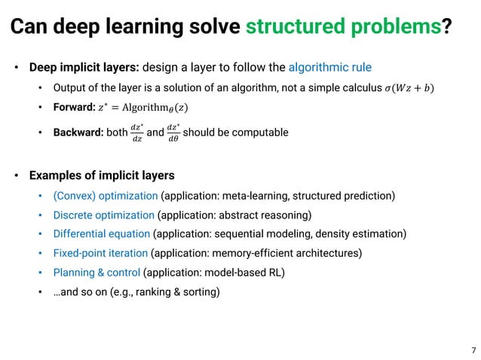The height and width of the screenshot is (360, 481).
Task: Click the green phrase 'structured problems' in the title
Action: click(x=344, y=27)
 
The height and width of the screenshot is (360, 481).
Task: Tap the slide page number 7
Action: click(x=472, y=350)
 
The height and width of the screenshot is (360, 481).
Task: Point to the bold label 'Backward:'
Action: click(x=79, y=133)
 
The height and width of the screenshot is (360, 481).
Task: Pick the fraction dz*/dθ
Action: click(x=173, y=133)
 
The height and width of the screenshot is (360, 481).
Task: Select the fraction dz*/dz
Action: click(x=136, y=133)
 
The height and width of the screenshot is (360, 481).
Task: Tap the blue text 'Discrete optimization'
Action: click(x=103, y=215)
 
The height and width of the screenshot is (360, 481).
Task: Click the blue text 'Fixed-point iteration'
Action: click(x=100, y=252)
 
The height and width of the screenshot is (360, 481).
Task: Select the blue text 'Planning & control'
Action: click(x=97, y=271)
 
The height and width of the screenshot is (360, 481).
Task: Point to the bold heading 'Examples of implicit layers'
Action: click(x=102, y=175)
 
